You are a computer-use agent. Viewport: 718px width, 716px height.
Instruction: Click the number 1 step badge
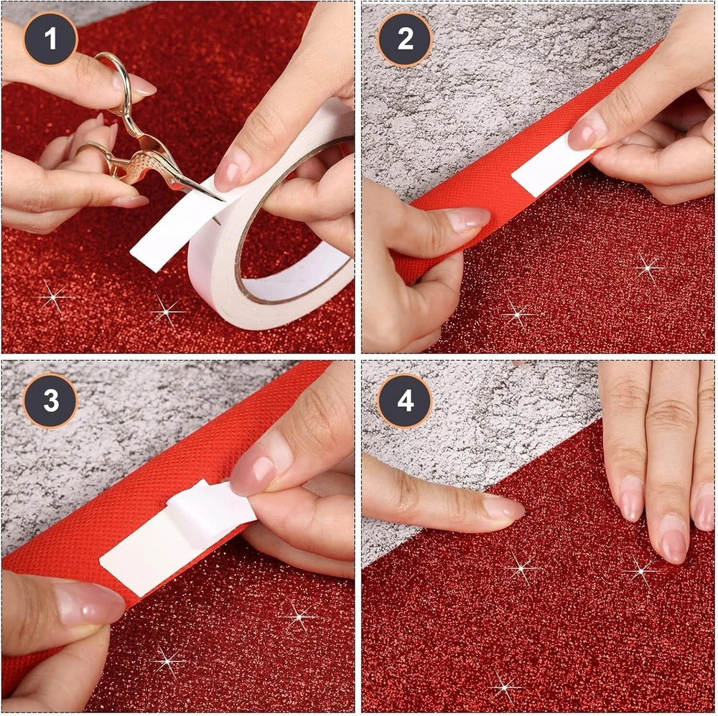tap(50, 39)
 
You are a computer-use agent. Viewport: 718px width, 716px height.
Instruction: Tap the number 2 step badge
tap(404, 39)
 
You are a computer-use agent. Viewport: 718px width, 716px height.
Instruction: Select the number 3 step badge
tap(50, 401)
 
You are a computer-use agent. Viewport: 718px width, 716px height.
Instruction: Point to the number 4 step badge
tap(404, 401)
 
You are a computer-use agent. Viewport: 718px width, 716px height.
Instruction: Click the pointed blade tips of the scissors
tap(220, 199)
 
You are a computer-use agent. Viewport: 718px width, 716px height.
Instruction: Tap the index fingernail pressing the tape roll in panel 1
tap(230, 171)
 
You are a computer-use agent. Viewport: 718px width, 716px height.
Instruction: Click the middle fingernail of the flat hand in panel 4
tap(674, 545)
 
